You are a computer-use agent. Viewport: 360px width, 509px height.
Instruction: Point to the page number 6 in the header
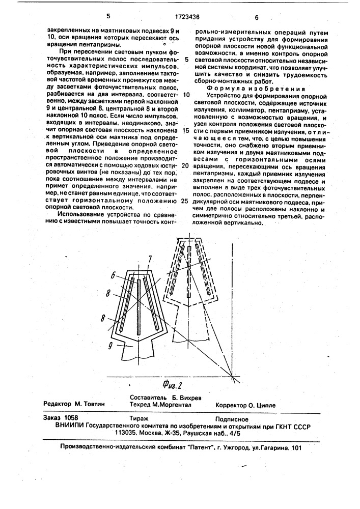coord(257,17)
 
